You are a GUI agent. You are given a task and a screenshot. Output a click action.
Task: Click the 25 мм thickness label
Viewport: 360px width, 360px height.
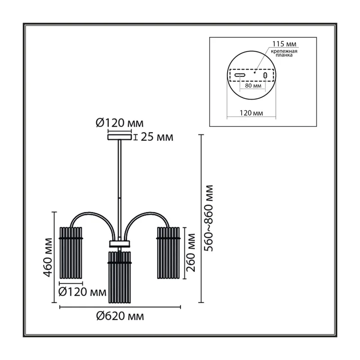[157, 137]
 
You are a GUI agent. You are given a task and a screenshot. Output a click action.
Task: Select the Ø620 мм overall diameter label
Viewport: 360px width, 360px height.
[120, 316]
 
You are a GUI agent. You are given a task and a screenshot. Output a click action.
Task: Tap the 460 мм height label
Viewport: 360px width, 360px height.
[48, 257]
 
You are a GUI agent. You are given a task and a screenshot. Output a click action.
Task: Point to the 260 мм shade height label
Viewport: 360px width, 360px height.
[190, 252]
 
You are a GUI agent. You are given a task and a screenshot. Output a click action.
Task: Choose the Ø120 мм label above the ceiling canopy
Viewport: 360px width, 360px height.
[119, 123]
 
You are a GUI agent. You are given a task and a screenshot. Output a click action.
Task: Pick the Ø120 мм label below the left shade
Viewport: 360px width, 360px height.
[82, 292]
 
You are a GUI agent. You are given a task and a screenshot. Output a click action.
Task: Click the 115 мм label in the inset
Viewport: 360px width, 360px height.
[284, 44]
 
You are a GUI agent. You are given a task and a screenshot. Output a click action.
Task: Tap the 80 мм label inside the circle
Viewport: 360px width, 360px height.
[253, 85]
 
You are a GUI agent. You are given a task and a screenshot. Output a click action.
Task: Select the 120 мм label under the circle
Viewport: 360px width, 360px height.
[252, 113]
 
